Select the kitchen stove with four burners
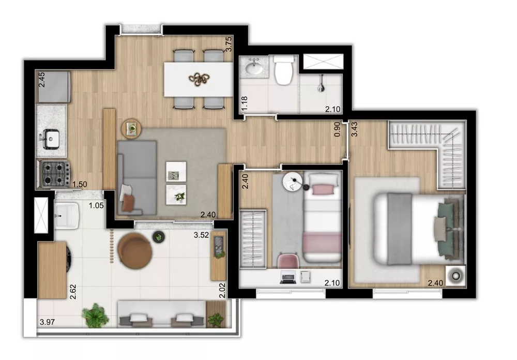[x=55, y=174]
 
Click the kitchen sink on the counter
[x=52, y=138]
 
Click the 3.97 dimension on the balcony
[x=48, y=324]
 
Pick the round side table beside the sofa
[x=131, y=127]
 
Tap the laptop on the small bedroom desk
[x=287, y=278]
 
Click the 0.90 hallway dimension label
[x=338, y=129]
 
